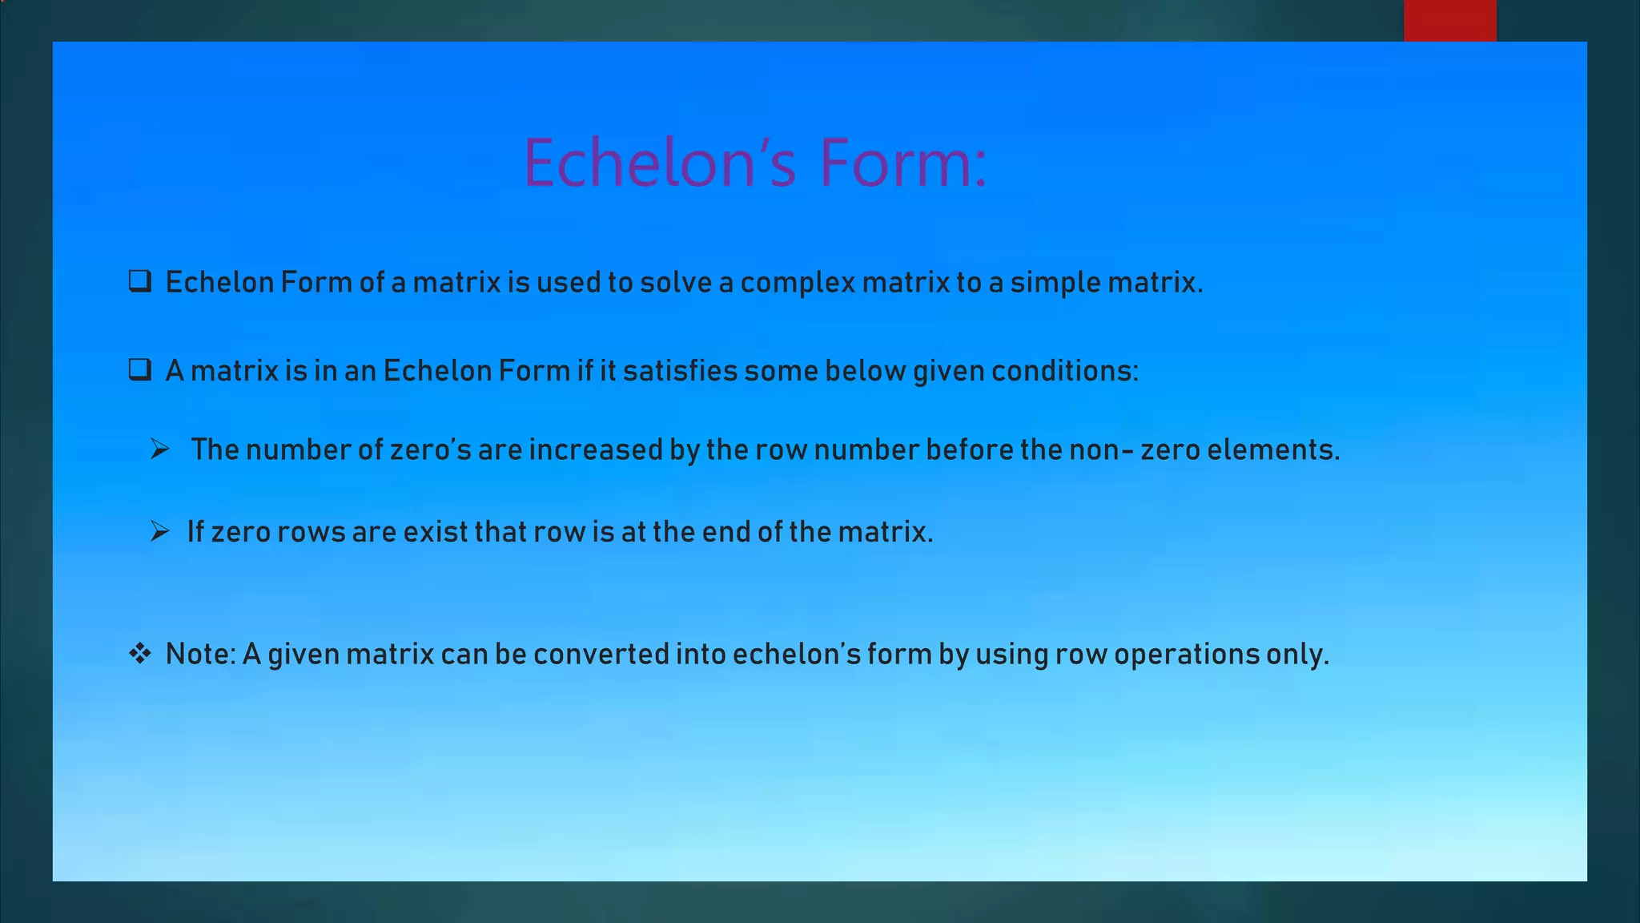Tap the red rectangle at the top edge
click(1449, 20)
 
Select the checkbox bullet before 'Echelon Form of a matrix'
click(140, 281)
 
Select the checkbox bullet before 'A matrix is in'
click(140, 369)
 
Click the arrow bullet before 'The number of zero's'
click(160, 449)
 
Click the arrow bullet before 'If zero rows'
click(160, 531)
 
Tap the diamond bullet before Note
click(140, 654)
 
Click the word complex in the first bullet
click(798, 283)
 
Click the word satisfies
click(680, 371)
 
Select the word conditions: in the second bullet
click(1064, 371)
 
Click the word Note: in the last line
click(200, 654)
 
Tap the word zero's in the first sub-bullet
click(430, 449)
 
